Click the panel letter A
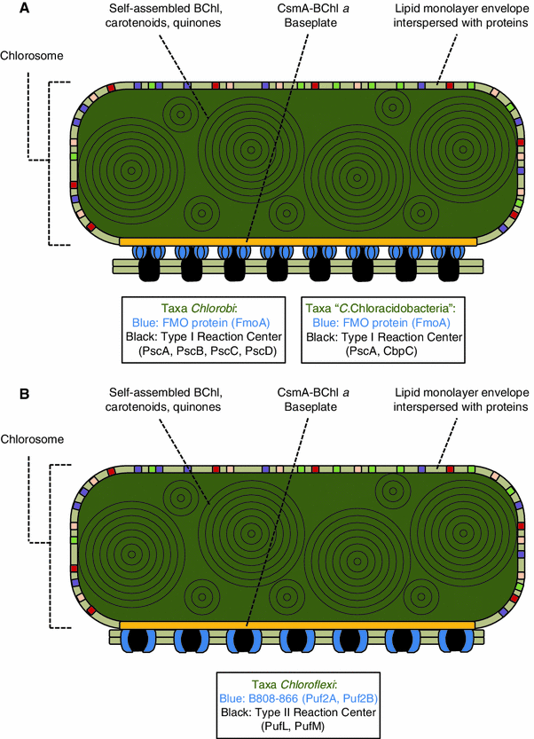[12, 10]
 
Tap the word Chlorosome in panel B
[36, 437]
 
